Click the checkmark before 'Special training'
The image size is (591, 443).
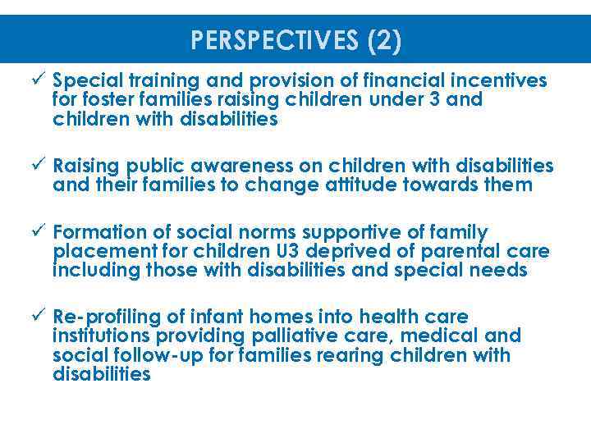[39, 80]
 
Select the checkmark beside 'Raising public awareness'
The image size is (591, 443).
[39, 167]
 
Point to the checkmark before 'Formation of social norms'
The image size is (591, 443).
[39, 232]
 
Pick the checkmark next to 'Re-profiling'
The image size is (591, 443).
[39, 317]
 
